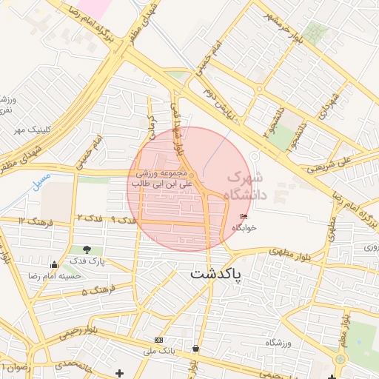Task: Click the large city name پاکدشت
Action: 221,274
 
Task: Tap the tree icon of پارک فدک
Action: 87,250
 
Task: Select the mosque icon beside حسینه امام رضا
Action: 53,265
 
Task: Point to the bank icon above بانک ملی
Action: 158,339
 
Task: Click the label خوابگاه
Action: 244,227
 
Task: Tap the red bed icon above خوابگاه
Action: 244,216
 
